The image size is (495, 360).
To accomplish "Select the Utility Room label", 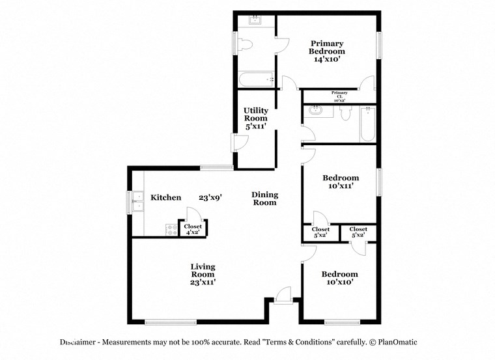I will pyautogui.click(x=256, y=115).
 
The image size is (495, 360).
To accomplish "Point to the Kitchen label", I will pyautogui.click(x=166, y=197).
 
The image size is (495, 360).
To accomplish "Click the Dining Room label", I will pyautogui.click(x=265, y=199).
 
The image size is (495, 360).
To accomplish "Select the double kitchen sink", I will pyautogui.click(x=137, y=202).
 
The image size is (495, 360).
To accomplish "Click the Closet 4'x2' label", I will pyautogui.click(x=193, y=229).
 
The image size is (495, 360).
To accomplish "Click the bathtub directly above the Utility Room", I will pyautogui.click(x=256, y=80).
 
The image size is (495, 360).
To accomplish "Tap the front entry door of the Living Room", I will pyautogui.click(x=284, y=295).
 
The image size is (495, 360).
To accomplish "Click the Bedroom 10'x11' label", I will pyautogui.click(x=341, y=182).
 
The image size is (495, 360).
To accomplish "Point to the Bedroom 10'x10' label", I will pyautogui.click(x=339, y=278).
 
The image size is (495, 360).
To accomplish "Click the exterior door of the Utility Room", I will pyautogui.click(x=238, y=143).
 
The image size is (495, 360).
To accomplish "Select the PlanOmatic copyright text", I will pyautogui.click(x=393, y=342).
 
